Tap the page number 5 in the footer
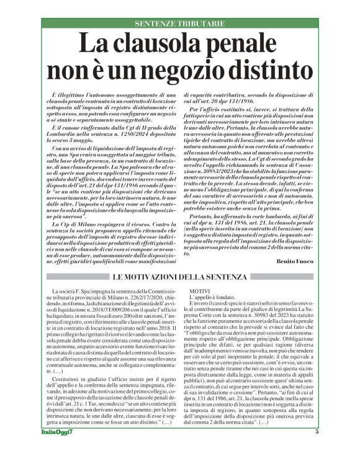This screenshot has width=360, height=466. pos(317,450)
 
